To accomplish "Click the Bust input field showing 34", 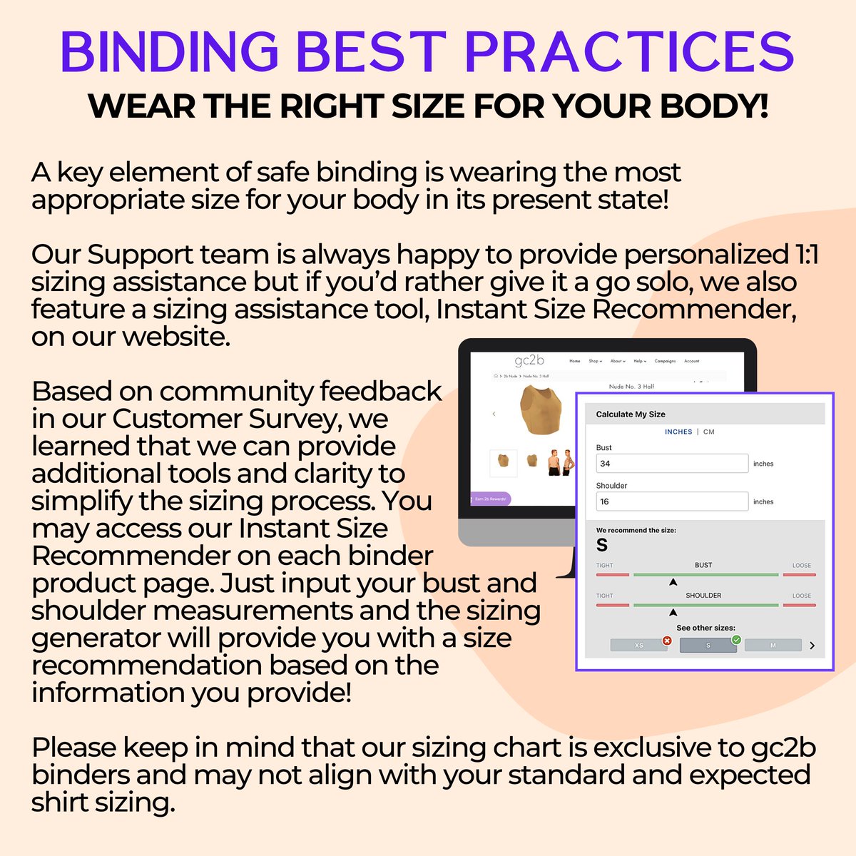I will [671, 463].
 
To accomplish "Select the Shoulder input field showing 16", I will [671, 501].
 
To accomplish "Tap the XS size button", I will [638, 646].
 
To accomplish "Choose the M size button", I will [773, 646].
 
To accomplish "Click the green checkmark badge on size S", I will [736, 640].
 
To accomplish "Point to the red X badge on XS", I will [667, 641].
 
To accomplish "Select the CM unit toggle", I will [708, 432].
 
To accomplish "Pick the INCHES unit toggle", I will [678, 432].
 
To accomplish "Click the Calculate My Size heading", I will [631, 414].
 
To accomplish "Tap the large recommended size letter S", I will [602, 546].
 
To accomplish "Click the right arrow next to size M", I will [812, 646].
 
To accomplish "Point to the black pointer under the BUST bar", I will [673, 582].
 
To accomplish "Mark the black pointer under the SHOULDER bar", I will [673, 612].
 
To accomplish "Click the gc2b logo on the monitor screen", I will [529, 360].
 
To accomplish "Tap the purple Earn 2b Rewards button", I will [489, 499].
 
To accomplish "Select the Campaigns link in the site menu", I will [665, 361].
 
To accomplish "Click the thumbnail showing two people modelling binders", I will [561, 462].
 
